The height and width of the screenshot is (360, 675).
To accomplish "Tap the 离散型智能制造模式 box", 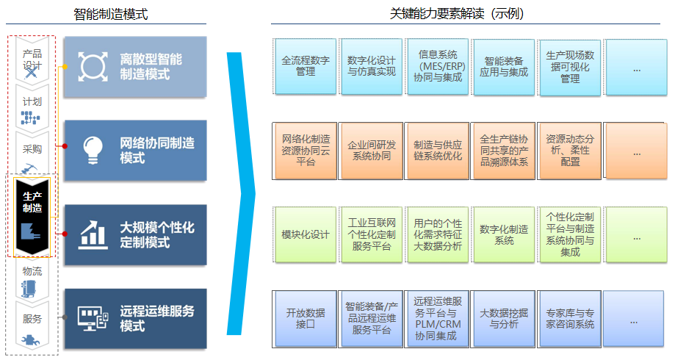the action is click(x=135, y=66).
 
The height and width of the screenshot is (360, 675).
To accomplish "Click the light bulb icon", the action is click(x=93, y=150).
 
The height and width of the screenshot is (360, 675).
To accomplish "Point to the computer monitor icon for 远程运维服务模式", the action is click(x=93, y=318).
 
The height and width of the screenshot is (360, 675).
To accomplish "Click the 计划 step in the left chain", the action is click(x=32, y=107).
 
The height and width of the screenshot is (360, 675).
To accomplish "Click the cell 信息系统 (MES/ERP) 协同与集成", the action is click(x=437, y=66).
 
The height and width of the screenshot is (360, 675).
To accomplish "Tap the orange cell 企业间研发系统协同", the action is click(x=371, y=151).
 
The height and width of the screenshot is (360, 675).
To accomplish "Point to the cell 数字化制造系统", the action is click(x=503, y=234).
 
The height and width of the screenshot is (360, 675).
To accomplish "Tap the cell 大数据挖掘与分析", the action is click(x=503, y=318).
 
